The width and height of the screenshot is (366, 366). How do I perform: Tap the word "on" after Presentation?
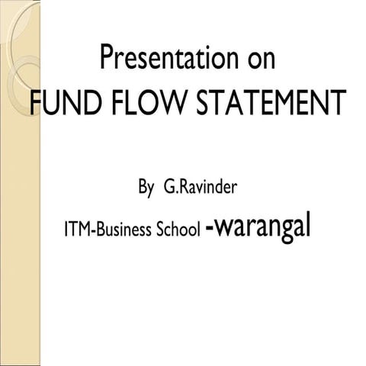[x=262, y=60]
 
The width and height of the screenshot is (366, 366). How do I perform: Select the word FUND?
[x=64, y=102]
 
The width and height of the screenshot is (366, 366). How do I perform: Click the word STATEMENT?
[x=271, y=102]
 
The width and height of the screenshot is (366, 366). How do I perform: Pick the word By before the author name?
[x=146, y=188]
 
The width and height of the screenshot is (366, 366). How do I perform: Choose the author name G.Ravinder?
[x=201, y=187]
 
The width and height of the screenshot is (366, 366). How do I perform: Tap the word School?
[x=178, y=229]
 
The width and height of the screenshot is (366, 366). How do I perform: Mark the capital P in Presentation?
[x=107, y=57]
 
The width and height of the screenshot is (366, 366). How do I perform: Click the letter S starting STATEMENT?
[x=204, y=102]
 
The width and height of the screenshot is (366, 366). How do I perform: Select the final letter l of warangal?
[x=308, y=224]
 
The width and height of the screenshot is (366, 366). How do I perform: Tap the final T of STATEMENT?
[x=339, y=102]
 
